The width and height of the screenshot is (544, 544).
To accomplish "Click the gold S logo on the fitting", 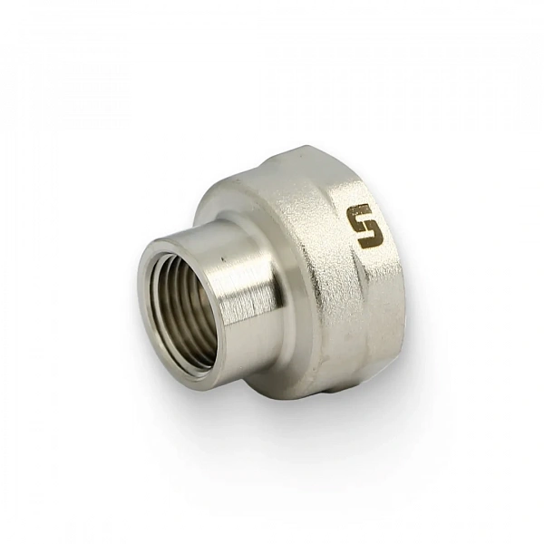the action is coord(365,227).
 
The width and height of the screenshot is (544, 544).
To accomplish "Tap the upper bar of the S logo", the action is coord(361,209).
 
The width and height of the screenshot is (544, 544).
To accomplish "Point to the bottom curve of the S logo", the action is coord(371,243).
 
